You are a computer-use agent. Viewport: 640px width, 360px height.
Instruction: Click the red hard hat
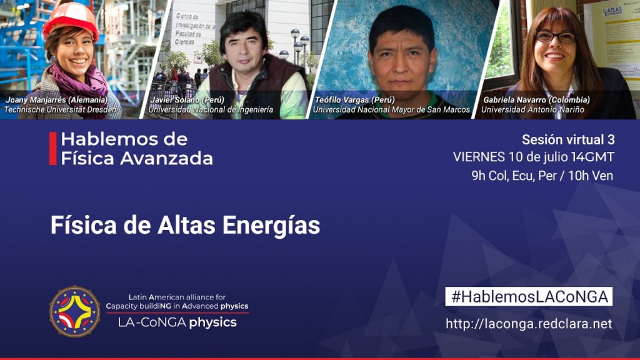click(x=71, y=21)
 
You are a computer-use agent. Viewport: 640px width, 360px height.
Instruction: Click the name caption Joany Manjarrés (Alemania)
click(x=57, y=99)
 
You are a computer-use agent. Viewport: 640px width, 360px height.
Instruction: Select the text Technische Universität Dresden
click(x=61, y=110)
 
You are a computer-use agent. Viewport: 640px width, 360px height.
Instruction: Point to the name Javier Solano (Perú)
click(x=187, y=99)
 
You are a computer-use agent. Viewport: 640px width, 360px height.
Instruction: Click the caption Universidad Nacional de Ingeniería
click(x=211, y=110)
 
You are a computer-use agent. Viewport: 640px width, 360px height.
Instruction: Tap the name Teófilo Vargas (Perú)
click(x=355, y=99)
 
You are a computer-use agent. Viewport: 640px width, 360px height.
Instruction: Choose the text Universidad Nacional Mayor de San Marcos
click(x=391, y=110)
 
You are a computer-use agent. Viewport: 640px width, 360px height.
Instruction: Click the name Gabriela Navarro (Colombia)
click(x=536, y=99)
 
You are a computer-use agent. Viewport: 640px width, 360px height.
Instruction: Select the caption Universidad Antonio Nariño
click(x=532, y=110)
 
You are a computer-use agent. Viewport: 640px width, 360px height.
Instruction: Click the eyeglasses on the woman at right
click(x=556, y=37)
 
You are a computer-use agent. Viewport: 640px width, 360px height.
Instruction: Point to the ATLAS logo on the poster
click(x=612, y=11)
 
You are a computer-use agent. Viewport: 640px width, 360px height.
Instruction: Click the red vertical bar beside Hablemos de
click(x=52, y=149)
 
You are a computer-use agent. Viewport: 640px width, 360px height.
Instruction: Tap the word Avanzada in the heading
click(x=166, y=158)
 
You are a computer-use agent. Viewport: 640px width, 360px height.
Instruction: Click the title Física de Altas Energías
click(x=185, y=225)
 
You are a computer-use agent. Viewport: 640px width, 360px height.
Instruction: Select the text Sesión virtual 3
click(x=568, y=139)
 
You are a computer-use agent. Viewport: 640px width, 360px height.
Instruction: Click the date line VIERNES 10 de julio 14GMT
click(x=534, y=157)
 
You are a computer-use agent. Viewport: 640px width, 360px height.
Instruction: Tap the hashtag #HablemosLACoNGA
click(x=529, y=297)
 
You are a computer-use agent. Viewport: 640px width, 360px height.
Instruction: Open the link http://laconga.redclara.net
click(x=529, y=324)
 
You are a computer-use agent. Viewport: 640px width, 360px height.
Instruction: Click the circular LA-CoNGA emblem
click(x=75, y=311)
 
